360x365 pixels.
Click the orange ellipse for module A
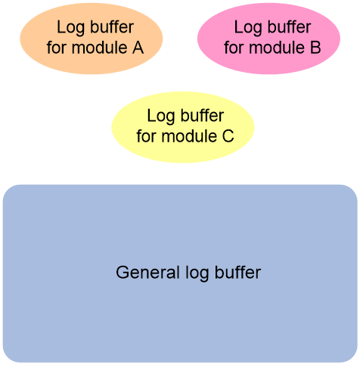[x=92, y=39]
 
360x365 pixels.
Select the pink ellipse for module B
[x=268, y=39]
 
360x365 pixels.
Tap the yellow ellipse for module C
[x=183, y=127]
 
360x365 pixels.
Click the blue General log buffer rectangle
[x=180, y=273]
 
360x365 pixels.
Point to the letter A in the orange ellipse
[x=138, y=48]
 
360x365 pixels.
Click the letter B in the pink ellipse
[x=315, y=48]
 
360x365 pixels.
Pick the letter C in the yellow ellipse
[x=228, y=136]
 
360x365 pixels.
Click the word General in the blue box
[x=148, y=273]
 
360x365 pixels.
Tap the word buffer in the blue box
[x=237, y=272]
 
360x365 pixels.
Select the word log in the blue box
[x=197, y=273]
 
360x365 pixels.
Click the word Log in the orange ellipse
[x=70, y=28]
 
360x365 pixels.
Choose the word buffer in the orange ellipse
[x=112, y=27]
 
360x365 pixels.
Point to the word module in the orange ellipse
[x=99, y=48]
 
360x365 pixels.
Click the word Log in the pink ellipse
[x=248, y=28]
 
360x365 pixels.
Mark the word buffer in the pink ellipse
[x=290, y=27]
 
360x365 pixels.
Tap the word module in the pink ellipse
[x=277, y=48]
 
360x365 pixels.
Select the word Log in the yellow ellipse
[x=161, y=117]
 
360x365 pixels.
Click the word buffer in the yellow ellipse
[x=202, y=115]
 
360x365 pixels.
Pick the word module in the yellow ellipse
[x=189, y=136]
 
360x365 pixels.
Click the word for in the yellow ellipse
[x=146, y=136]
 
